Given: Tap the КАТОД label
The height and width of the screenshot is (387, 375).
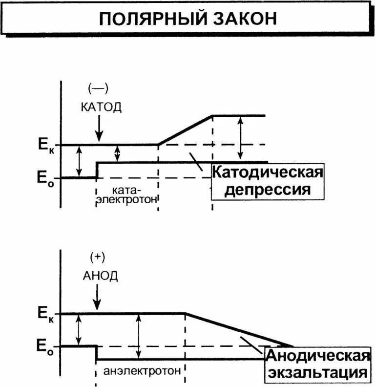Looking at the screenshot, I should pyautogui.click(x=101, y=107).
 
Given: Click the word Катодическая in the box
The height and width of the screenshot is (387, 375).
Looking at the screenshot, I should pyautogui.click(x=268, y=172).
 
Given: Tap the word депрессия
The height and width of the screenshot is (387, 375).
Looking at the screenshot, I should pyautogui.click(x=268, y=189).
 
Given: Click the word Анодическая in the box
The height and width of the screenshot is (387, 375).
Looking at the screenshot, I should pyautogui.click(x=317, y=357).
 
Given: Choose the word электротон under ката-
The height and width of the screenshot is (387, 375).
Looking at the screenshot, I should pyautogui.click(x=128, y=199).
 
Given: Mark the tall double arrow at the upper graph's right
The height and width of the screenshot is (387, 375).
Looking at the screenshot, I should pyautogui.click(x=239, y=138).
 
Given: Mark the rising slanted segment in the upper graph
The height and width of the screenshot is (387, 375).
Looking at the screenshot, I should pyautogui.click(x=186, y=130).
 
